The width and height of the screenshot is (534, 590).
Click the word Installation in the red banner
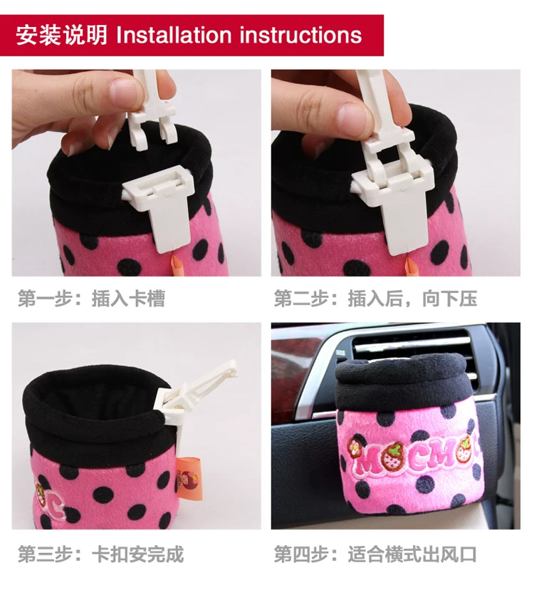174,35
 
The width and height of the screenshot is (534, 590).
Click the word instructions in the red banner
301,35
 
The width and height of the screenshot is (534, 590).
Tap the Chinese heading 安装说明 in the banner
62,36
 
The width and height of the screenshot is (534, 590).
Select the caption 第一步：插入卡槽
91,299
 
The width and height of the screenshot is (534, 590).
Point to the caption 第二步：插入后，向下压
375,299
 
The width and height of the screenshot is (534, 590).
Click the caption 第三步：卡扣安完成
101,554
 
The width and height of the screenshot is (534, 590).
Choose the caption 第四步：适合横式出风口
375,554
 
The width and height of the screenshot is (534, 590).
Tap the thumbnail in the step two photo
352,118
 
